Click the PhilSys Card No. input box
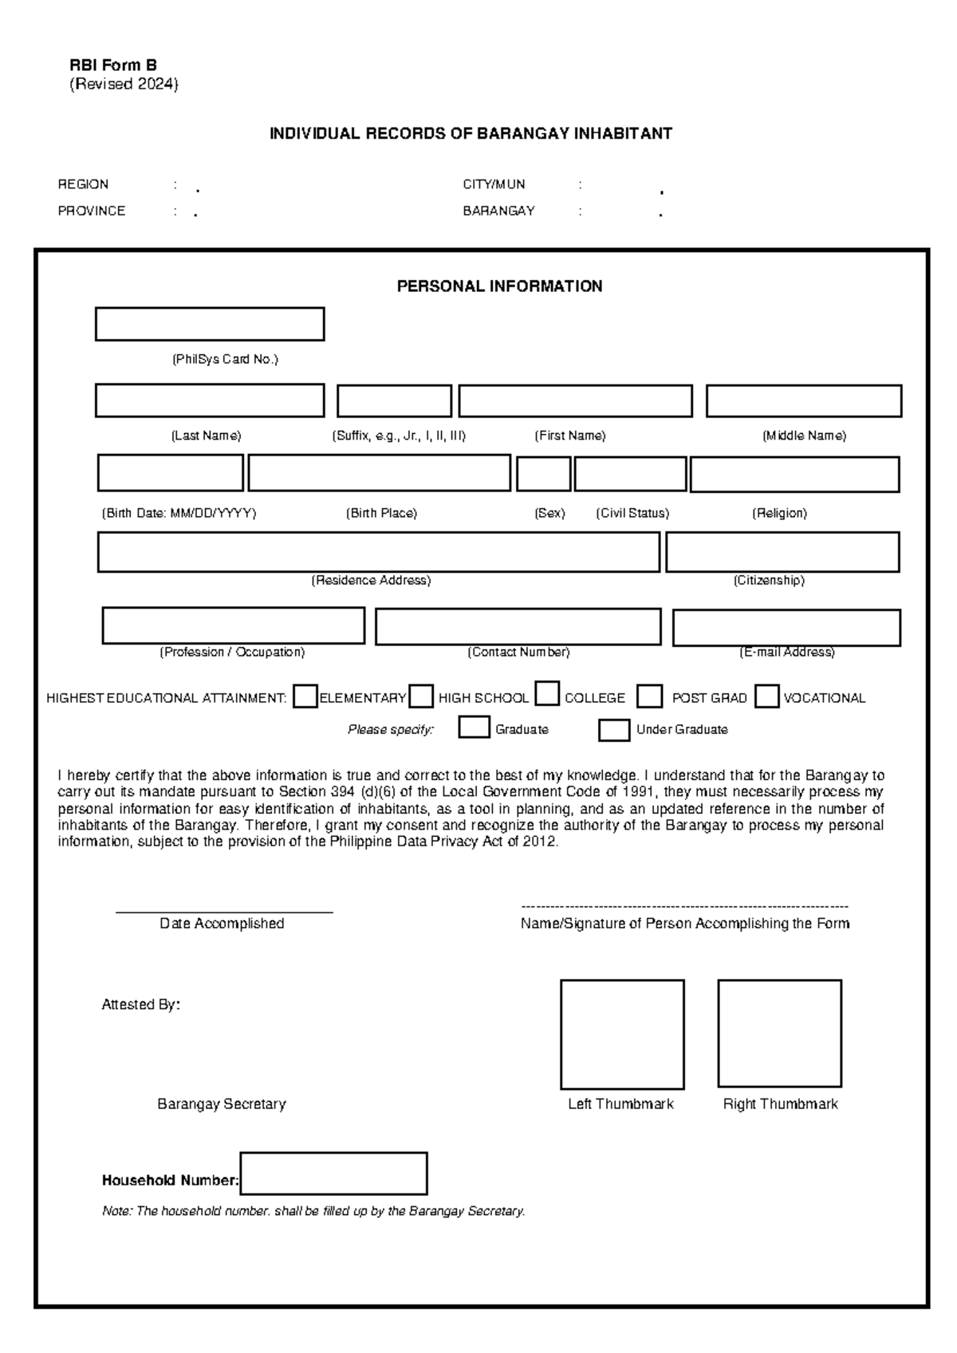[209, 324]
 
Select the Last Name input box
[209, 400]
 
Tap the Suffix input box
[394, 400]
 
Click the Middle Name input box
[803, 400]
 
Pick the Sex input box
[543, 474]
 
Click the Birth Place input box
[379, 473]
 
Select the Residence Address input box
[378, 552]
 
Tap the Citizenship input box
[782, 552]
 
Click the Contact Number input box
[518, 627]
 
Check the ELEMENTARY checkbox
[305, 696]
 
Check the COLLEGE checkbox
[547, 694]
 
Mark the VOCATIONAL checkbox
[766, 696]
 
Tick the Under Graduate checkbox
[613, 730]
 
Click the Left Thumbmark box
[622, 1034]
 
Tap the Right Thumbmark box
[779, 1033]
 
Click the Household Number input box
[333, 1174]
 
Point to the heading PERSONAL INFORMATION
[499, 286]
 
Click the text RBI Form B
[112, 65]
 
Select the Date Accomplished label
[222, 923]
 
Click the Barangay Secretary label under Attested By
[221, 1104]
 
